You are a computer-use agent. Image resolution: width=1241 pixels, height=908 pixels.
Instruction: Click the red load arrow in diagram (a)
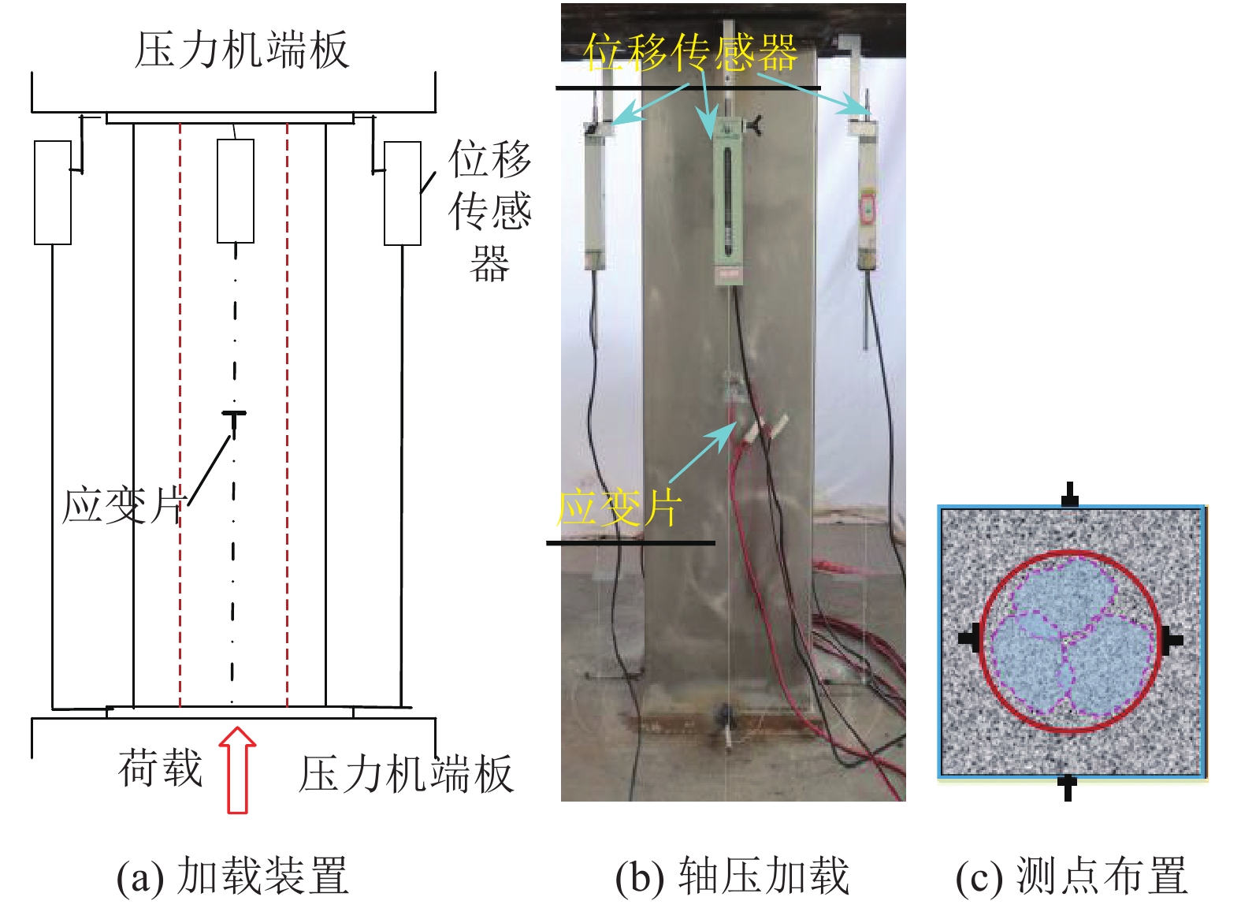pos(237,771)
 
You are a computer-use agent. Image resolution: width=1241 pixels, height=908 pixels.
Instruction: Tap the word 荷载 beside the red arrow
pos(161,768)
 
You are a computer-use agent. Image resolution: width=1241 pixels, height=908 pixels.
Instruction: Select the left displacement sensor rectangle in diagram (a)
pos(53,192)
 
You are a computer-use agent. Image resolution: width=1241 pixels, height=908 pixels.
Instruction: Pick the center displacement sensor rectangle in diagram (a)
pos(236,191)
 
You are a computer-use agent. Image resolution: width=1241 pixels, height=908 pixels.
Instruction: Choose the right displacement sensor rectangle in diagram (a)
pos(402,193)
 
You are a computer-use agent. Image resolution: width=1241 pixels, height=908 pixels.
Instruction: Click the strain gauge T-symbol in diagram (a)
pos(234,417)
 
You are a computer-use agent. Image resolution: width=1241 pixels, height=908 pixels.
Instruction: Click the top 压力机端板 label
pos(241,50)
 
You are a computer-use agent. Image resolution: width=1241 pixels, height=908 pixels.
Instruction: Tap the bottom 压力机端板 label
pos(406,774)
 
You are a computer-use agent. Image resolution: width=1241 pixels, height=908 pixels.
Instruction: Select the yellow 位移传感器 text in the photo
pos(690,53)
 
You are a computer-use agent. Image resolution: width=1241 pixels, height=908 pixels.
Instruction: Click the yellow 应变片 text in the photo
pos(618,508)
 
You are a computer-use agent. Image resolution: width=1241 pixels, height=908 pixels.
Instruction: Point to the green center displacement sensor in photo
pos(728,201)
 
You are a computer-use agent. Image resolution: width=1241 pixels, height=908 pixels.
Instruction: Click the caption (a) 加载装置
pos(232,876)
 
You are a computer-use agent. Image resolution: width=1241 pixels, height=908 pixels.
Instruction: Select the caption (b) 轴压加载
pos(732,876)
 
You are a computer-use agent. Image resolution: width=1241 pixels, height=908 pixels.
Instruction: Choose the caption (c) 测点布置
pos(1071,876)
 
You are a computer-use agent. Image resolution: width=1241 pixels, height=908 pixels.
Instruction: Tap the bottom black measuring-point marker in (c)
pos(1068,786)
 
